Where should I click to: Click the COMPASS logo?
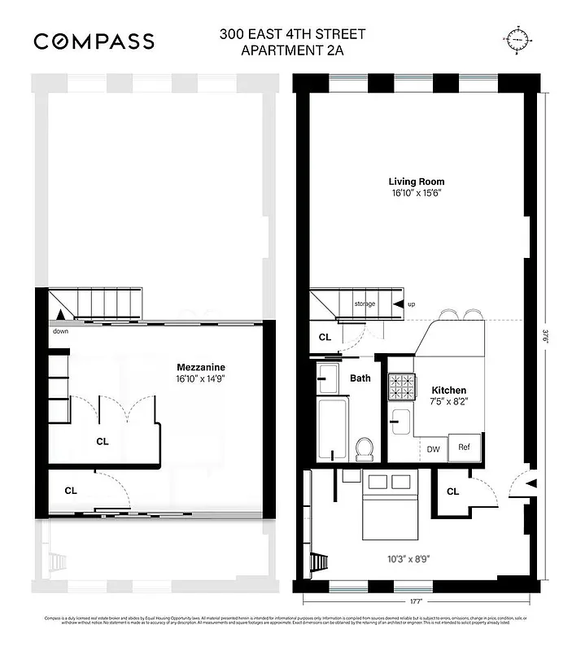coord(94,41)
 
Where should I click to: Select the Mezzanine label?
coord(201,367)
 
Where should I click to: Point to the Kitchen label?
coord(448,391)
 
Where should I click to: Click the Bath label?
coord(360,378)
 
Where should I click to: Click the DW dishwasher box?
coord(432,448)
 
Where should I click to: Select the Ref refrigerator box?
coord(464,448)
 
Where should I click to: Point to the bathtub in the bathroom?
coord(333,430)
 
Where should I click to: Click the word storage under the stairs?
coord(365,304)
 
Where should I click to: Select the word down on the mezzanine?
coord(60,332)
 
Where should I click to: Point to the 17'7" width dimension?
coord(417,603)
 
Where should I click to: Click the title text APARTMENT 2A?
coord(292,50)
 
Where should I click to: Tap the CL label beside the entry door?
coord(452,491)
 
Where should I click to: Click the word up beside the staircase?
coord(411,304)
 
